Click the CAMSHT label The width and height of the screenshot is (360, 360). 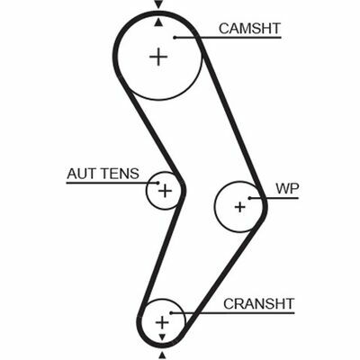(249, 29)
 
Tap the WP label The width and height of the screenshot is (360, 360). (287, 189)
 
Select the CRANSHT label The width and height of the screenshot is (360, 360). (258, 304)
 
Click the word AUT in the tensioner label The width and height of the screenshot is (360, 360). (78, 174)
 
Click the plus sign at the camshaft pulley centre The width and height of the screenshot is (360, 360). (158, 57)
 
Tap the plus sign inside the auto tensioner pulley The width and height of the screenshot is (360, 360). (165, 191)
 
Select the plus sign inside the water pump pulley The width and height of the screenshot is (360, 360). (239, 207)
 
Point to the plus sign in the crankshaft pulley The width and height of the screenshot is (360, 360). (162, 323)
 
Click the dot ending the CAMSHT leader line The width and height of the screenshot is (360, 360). (175, 38)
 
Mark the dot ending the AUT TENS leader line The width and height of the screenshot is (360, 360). (157, 183)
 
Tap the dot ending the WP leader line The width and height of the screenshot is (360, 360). (249, 198)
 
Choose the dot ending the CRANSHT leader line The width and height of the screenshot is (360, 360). (171, 313)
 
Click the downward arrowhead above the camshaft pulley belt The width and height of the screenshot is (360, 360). (158, 4)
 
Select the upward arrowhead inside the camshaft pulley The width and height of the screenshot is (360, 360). (158, 22)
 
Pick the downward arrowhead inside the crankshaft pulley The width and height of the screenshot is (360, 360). (162, 337)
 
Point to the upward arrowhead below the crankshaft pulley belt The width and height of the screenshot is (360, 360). (162, 356)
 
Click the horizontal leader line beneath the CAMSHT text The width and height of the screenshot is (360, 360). (228, 38)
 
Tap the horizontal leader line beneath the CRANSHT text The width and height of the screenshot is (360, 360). (232, 313)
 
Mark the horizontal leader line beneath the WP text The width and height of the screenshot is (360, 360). (274, 198)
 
